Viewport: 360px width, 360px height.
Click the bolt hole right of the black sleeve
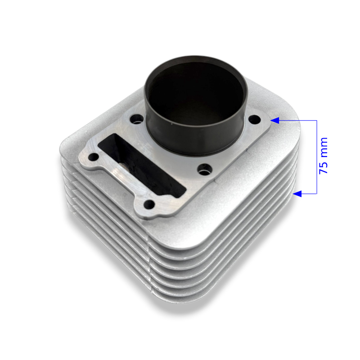[255, 119]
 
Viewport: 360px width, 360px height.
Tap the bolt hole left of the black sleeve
[137, 119]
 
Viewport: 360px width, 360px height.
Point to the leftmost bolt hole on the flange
[94, 157]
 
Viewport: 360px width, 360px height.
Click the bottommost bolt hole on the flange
[149, 204]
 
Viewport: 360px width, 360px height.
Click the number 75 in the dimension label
[323, 167]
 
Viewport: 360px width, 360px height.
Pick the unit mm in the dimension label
[323, 148]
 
